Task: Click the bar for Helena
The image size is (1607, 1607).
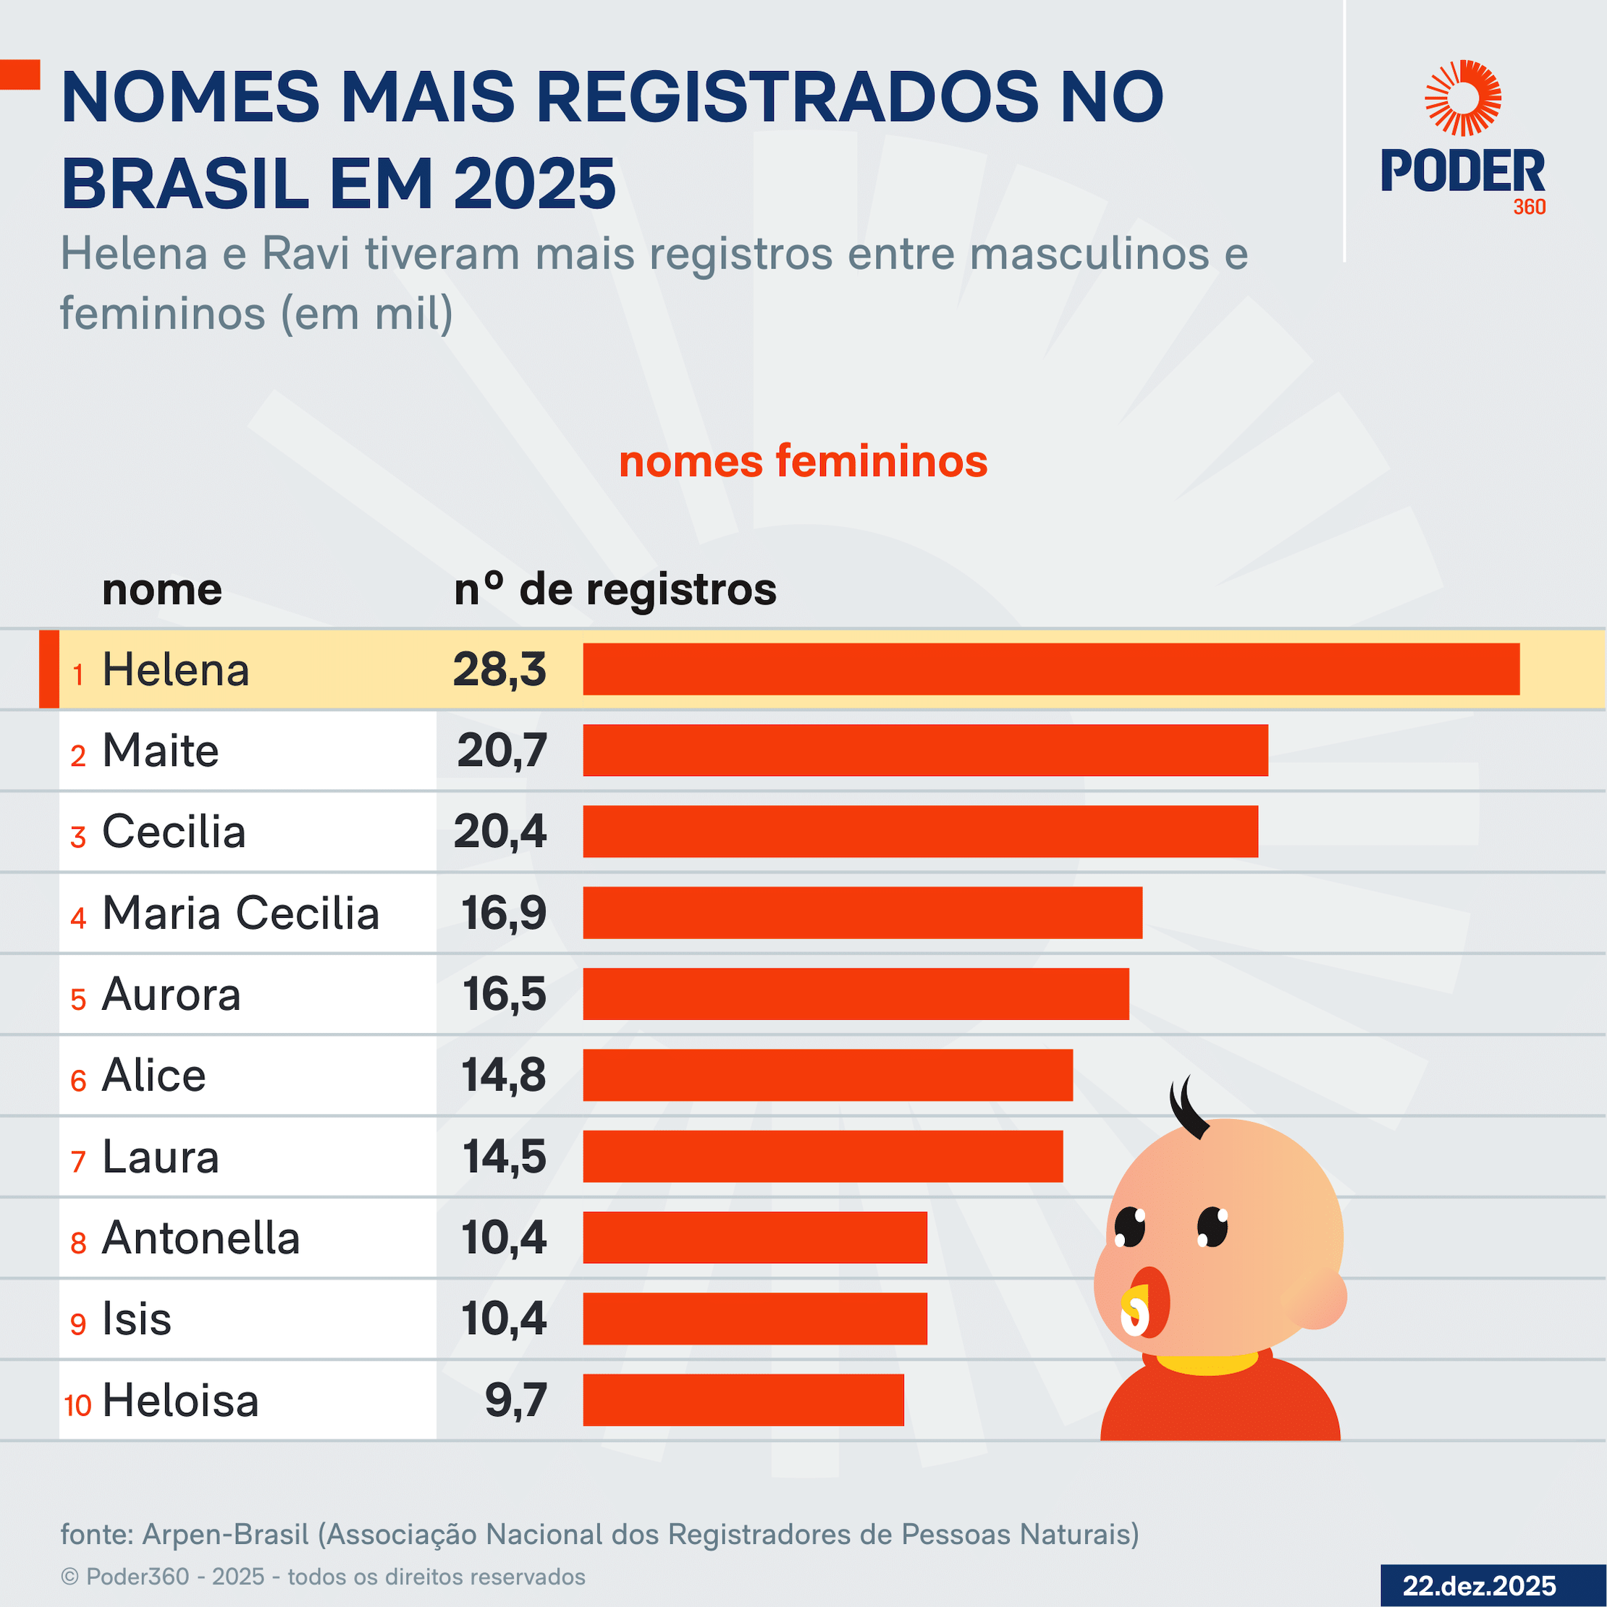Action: click(x=1050, y=669)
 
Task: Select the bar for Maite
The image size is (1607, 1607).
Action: click(x=925, y=750)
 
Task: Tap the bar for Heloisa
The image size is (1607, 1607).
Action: click(x=743, y=1400)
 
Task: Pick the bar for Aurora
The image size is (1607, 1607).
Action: click(x=855, y=994)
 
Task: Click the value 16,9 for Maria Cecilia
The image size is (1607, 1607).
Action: click(x=504, y=914)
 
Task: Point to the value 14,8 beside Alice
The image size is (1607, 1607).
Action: click(x=504, y=1075)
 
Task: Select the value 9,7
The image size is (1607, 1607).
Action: click(x=515, y=1400)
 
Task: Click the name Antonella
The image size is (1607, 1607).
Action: click(x=201, y=1238)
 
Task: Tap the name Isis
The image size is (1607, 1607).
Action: click(x=136, y=1319)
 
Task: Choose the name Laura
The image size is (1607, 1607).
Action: click(x=161, y=1157)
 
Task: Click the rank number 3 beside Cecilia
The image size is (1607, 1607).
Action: click(x=78, y=837)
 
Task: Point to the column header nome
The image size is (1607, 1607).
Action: click(x=162, y=590)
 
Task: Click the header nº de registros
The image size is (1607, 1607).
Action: click(x=615, y=590)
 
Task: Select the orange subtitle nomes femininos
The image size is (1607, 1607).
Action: click(x=803, y=462)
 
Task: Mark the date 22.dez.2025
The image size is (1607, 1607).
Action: click(x=1479, y=1585)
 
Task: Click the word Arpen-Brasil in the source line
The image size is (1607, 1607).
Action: click(x=225, y=1534)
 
